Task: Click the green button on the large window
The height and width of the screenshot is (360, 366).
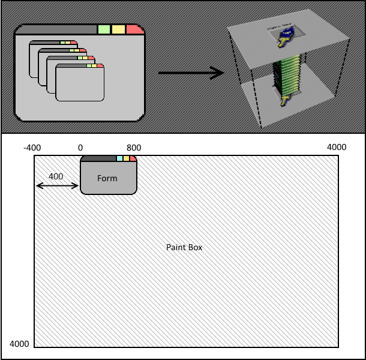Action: [x=104, y=29]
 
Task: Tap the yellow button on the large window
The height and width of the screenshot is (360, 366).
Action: [x=118, y=29]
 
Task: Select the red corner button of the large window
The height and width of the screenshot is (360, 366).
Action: [x=134, y=29]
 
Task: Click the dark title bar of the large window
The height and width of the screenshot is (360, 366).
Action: [x=57, y=29]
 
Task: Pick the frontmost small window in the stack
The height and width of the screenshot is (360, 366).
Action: [x=80, y=84]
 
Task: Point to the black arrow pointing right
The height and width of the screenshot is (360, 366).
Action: [x=190, y=74]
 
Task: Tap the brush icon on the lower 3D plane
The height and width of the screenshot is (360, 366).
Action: [x=284, y=98]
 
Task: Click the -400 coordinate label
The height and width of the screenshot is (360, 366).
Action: [x=32, y=147]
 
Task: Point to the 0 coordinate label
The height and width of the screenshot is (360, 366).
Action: [x=80, y=147]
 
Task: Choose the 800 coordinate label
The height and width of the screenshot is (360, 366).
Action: [x=134, y=147]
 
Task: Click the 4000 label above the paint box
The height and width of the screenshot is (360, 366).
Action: [x=336, y=147]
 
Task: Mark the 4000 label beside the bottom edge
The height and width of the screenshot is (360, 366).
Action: [x=19, y=344]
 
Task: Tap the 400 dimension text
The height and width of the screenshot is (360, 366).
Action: [x=56, y=176]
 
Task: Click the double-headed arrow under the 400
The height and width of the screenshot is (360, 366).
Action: [x=58, y=186]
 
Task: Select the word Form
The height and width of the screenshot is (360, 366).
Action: [x=107, y=178]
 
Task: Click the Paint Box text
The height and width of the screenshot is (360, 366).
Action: [x=184, y=247]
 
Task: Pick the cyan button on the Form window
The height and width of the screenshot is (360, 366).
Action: [x=119, y=158]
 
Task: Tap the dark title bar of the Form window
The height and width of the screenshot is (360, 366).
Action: [x=97, y=158]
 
